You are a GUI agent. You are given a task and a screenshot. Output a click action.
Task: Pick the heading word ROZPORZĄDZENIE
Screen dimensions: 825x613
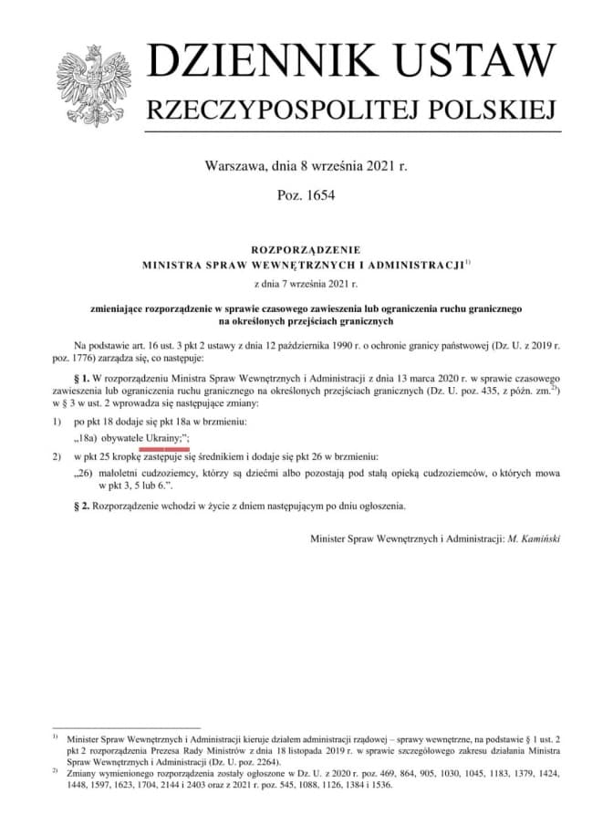pos(306,248)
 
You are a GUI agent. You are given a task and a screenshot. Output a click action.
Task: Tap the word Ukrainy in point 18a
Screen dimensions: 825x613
pos(165,440)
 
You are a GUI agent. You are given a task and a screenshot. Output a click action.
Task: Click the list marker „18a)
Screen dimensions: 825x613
pos(87,440)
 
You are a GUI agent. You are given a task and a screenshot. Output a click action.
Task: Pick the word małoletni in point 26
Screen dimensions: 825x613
pos(123,474)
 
